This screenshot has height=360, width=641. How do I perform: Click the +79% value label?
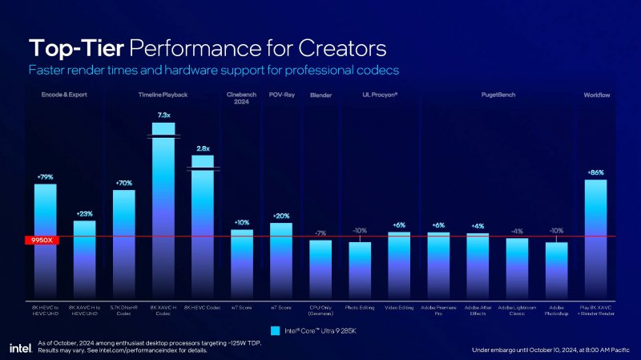click(x=45, y=176)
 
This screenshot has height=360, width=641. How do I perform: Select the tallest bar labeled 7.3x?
click(x=163, y=208)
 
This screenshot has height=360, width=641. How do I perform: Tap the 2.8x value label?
click(x=203, y=148)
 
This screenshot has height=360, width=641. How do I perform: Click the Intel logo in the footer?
click(x=20, y=347)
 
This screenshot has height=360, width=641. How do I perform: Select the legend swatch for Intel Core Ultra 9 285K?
click(x=275, y=330)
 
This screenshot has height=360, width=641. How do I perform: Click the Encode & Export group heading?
click(x=64, y=95)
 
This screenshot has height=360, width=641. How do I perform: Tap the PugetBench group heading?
click(x=498, y=95)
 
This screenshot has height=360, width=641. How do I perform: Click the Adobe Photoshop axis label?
click(x=556, y=309)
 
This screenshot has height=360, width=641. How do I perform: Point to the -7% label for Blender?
click(x=320, y=233)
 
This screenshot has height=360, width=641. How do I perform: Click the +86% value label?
click(x=595, y=172)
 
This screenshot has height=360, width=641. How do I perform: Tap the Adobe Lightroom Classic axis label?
click(x=517, y=309)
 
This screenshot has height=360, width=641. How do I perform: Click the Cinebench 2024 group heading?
click(x=241, y=99)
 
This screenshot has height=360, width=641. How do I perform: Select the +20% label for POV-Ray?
click(x=281, y=216)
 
